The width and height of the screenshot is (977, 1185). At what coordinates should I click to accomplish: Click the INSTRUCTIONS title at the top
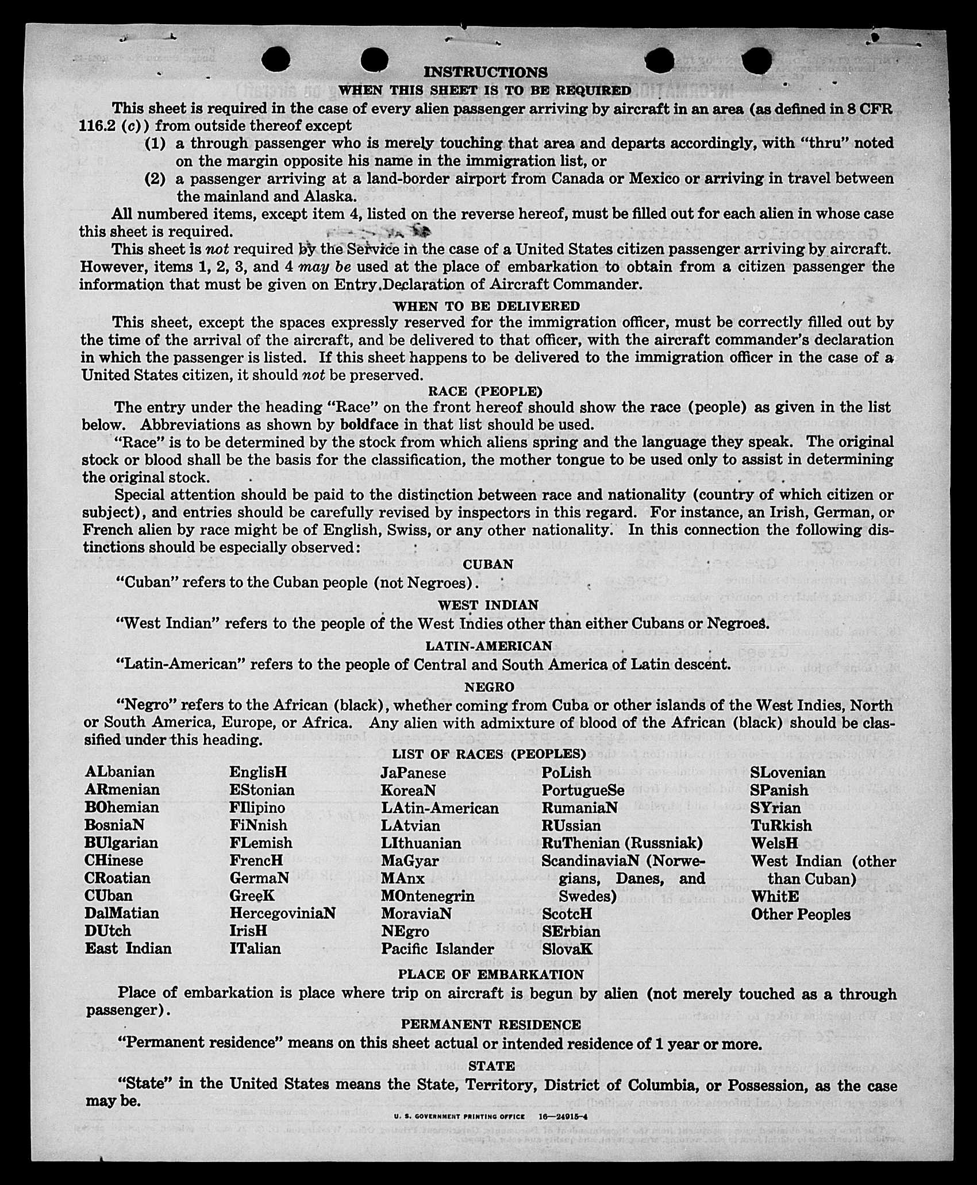486,72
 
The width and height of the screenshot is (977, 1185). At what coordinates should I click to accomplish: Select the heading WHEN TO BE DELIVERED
486,306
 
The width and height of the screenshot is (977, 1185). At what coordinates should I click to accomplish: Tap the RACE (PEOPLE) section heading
486,391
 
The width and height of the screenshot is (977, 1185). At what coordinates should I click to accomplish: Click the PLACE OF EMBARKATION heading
491,974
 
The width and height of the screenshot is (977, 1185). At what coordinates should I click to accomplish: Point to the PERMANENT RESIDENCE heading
491,1024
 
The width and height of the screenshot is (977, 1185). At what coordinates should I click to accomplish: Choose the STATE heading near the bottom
491,1066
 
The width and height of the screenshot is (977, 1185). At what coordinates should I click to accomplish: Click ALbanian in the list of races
120,771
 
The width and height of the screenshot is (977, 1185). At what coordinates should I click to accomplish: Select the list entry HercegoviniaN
282,913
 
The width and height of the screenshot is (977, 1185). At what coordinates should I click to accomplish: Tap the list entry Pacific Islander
437,948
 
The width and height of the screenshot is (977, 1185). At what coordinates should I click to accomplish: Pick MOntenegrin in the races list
428,895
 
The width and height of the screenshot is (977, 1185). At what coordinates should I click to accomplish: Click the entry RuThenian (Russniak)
622,843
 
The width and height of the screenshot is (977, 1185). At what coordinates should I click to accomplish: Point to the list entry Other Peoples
801,914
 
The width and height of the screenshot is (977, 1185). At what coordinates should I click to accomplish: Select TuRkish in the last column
781,825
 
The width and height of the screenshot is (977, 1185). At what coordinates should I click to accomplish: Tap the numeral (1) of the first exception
155,143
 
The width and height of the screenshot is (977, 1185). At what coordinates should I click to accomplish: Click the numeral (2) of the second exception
155,179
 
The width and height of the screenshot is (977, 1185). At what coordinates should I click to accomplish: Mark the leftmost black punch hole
275,59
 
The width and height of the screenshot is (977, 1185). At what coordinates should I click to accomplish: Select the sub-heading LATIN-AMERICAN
488,646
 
